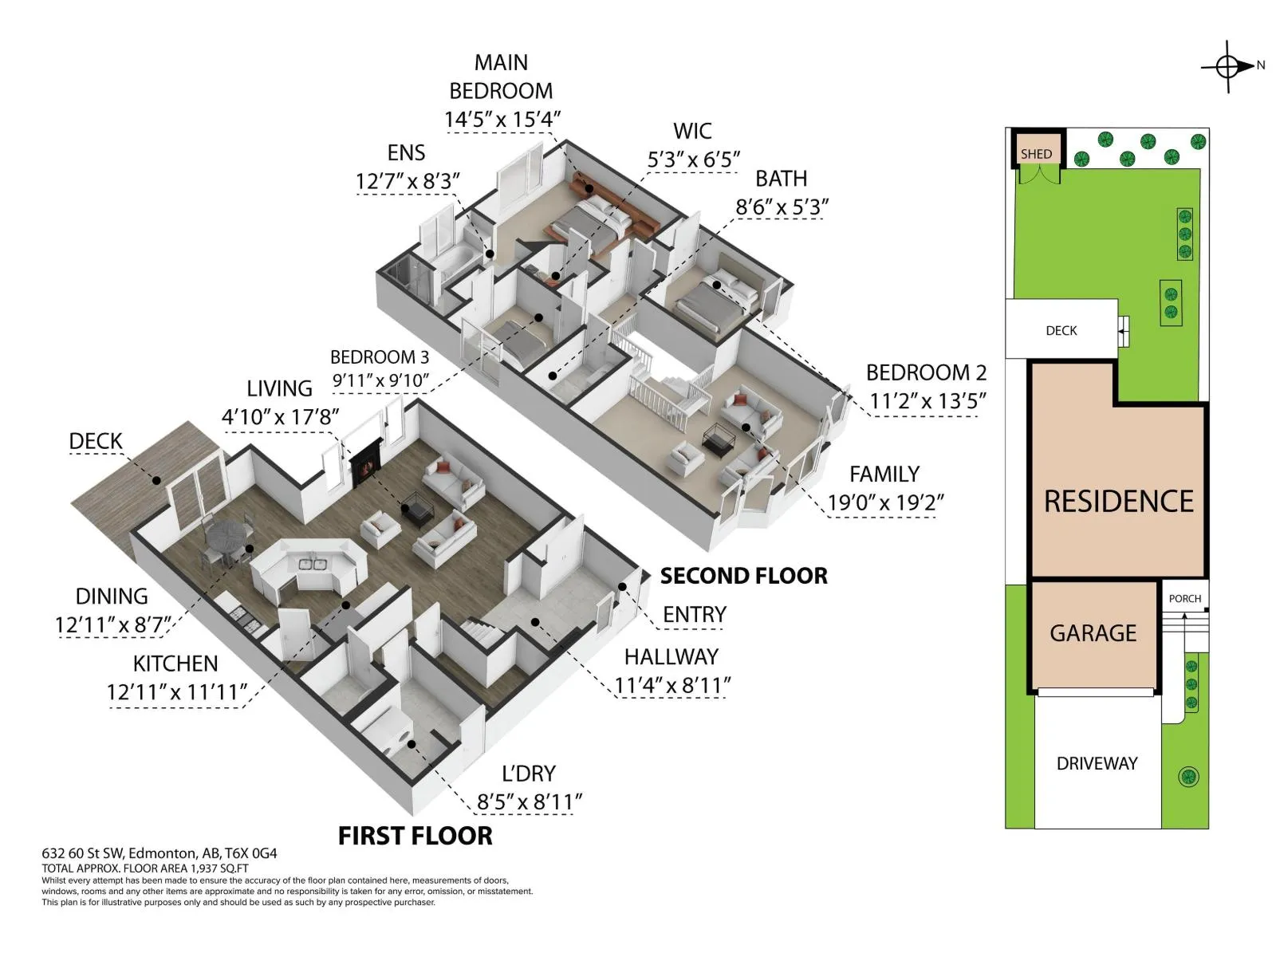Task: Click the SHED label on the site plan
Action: coord(1036,154)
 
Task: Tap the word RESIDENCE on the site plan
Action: coord(1118,502)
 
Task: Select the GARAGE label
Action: coord(1093,632)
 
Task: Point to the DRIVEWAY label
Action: coord(1097,763)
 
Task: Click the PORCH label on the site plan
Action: coord(1185,598)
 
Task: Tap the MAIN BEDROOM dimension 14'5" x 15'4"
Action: coord(502,120)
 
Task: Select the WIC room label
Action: coord(692,132)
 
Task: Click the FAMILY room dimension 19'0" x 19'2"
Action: coord(885,502)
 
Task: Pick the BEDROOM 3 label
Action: coord(380,356)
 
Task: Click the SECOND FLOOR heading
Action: coord(743,576)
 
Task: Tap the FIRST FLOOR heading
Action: coord(415,836)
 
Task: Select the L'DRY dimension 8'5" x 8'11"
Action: coord(529,802)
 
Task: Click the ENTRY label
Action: coord(694,614)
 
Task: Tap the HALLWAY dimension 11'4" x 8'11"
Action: coord(672,686)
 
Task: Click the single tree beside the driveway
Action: coord(1188,777)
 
